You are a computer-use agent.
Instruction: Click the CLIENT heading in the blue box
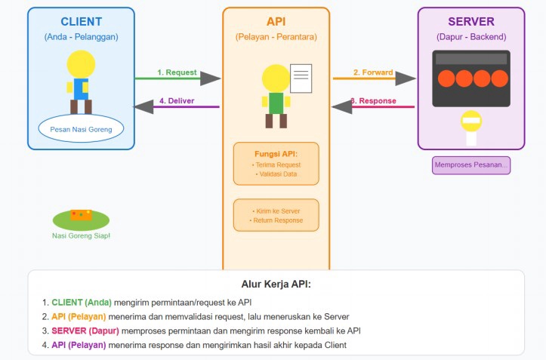[81, 21]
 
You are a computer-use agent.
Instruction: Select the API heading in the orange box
[276, 21]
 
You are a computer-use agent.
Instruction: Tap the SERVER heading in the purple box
[471, 21]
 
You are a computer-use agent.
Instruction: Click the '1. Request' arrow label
[177, 72]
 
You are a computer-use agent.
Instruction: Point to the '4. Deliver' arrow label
[177, 100]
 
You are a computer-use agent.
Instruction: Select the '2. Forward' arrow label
[373, 72]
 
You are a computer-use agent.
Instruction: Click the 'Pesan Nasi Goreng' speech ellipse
[81, 129]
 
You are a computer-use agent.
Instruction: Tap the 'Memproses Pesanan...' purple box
[471, 165]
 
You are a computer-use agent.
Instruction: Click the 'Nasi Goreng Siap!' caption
[81, 235]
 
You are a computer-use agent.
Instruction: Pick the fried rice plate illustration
[81, 218]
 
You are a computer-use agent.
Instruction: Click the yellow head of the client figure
[81, 63]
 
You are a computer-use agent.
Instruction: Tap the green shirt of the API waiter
[276, 103]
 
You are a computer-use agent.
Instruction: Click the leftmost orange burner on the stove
[446, 78]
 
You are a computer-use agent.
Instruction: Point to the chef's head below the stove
[471, 121]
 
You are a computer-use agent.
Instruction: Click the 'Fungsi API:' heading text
[276, 153]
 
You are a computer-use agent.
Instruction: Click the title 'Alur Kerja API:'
[276, 285]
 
